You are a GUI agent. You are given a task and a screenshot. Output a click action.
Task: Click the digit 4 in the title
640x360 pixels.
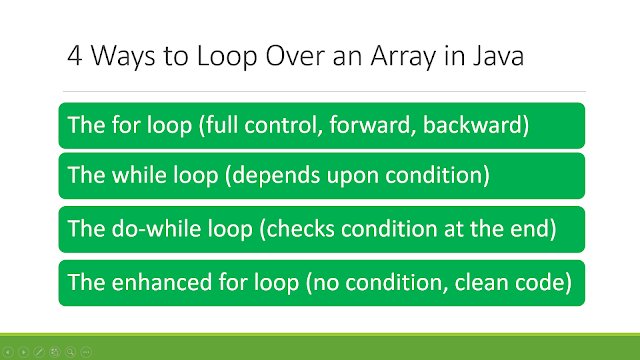coord(75,56)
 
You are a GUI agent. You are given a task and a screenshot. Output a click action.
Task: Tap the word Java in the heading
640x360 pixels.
coord(498,56)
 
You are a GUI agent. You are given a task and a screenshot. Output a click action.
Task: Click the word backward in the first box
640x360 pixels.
coord(472,124)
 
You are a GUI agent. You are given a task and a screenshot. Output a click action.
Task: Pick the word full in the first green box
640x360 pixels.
coord(222,124)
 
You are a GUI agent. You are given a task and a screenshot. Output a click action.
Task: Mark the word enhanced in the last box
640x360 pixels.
coord(162,282)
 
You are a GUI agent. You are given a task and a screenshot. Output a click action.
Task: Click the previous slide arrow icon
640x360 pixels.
coord(8,352)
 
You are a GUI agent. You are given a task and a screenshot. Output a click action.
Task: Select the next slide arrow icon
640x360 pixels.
coord(24,352)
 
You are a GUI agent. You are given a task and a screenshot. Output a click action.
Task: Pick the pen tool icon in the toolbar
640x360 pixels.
coord(39,352)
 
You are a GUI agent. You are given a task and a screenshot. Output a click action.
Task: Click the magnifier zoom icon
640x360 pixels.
coord(71,352)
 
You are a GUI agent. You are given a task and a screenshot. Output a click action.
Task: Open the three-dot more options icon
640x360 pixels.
coord(86,352)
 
